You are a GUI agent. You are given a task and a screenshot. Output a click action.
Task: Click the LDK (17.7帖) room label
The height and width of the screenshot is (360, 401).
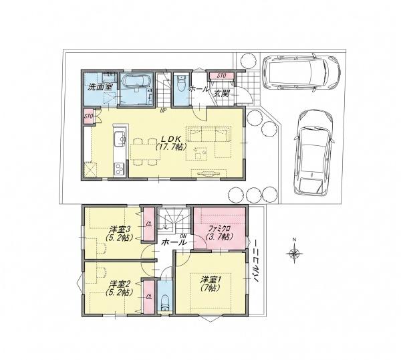(x=171, y=143)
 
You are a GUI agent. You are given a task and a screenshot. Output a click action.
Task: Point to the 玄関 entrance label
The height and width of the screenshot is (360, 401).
(x=222, y=93)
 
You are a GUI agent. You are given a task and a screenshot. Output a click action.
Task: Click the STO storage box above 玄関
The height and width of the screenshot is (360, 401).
(x=221, y=76)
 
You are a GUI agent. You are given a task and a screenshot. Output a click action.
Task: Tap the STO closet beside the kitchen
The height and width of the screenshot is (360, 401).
(x=88, y=116)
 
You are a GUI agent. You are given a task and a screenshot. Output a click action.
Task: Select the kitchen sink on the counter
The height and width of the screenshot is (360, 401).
(x=120, y=139)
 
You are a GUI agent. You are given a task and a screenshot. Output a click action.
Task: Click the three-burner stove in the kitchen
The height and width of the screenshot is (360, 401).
(x=119, y=169)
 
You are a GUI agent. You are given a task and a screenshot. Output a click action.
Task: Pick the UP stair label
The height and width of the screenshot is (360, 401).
(x=162, y=111)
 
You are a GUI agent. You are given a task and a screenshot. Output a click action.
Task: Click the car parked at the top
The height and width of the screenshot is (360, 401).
(x=301, y=72)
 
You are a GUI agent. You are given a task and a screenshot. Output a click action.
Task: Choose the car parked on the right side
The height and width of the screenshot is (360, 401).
(x=314, y=152)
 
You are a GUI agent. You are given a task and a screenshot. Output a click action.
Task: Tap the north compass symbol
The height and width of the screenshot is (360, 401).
(x=294, y=253)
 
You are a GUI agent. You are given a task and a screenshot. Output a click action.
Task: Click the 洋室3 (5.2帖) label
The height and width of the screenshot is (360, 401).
(x=120, y=233)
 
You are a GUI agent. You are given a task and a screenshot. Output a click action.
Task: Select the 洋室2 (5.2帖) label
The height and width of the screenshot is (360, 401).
(x=120, y=288)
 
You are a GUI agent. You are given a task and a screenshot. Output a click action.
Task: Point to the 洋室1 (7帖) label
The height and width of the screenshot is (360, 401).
(x=211, y=284)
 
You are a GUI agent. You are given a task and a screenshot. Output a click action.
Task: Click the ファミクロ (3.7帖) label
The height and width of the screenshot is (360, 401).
(x=220, y=232)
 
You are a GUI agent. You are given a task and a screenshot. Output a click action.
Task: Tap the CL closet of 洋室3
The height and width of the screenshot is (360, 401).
(x=149, y=224)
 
